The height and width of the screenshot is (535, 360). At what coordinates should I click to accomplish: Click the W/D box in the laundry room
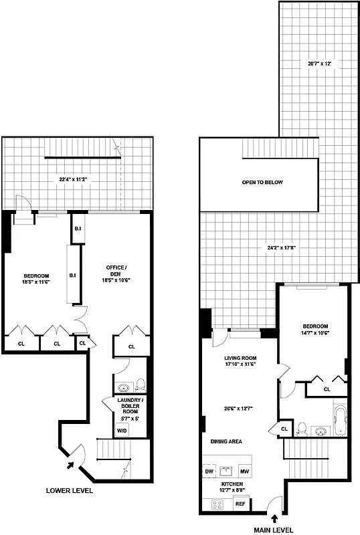click(122, 431)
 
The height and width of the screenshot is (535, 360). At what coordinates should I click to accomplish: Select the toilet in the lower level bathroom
click(140, 385)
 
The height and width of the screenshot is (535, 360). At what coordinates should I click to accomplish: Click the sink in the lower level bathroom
click(124, 388)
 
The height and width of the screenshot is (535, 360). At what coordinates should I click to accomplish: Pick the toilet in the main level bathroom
click(302, 428)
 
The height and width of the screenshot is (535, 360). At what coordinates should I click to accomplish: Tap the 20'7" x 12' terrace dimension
click(319, 64)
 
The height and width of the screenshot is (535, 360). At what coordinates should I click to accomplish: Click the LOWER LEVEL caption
click(69, 490)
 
